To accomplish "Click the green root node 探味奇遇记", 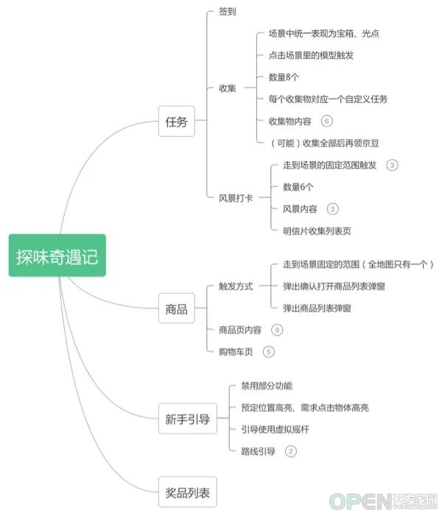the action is click(57, 255).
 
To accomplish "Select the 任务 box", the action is click(177, 121).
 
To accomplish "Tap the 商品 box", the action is click(177, 308).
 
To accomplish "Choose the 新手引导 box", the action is click(188, 419).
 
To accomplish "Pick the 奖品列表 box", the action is click(188, 492).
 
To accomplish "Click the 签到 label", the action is click(227, 12).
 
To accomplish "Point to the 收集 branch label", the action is click(227, 88).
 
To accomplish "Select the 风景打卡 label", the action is click(236, 198).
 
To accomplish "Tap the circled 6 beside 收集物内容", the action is click(327, 121).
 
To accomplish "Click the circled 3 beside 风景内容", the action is click(333, 209).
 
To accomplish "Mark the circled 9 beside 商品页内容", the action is click(277, 330).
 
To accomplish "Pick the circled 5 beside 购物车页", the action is click(268, 352).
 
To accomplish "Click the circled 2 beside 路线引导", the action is click(290, 450).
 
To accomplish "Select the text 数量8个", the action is click(284, 77).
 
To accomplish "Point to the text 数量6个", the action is click(298, 187).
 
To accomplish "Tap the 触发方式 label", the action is click(236, 286).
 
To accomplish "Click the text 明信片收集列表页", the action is click(317, 231).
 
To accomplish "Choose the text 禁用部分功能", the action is click(267, 386).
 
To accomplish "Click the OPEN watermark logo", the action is click(383, 501).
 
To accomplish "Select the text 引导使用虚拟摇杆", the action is click(275, 429).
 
